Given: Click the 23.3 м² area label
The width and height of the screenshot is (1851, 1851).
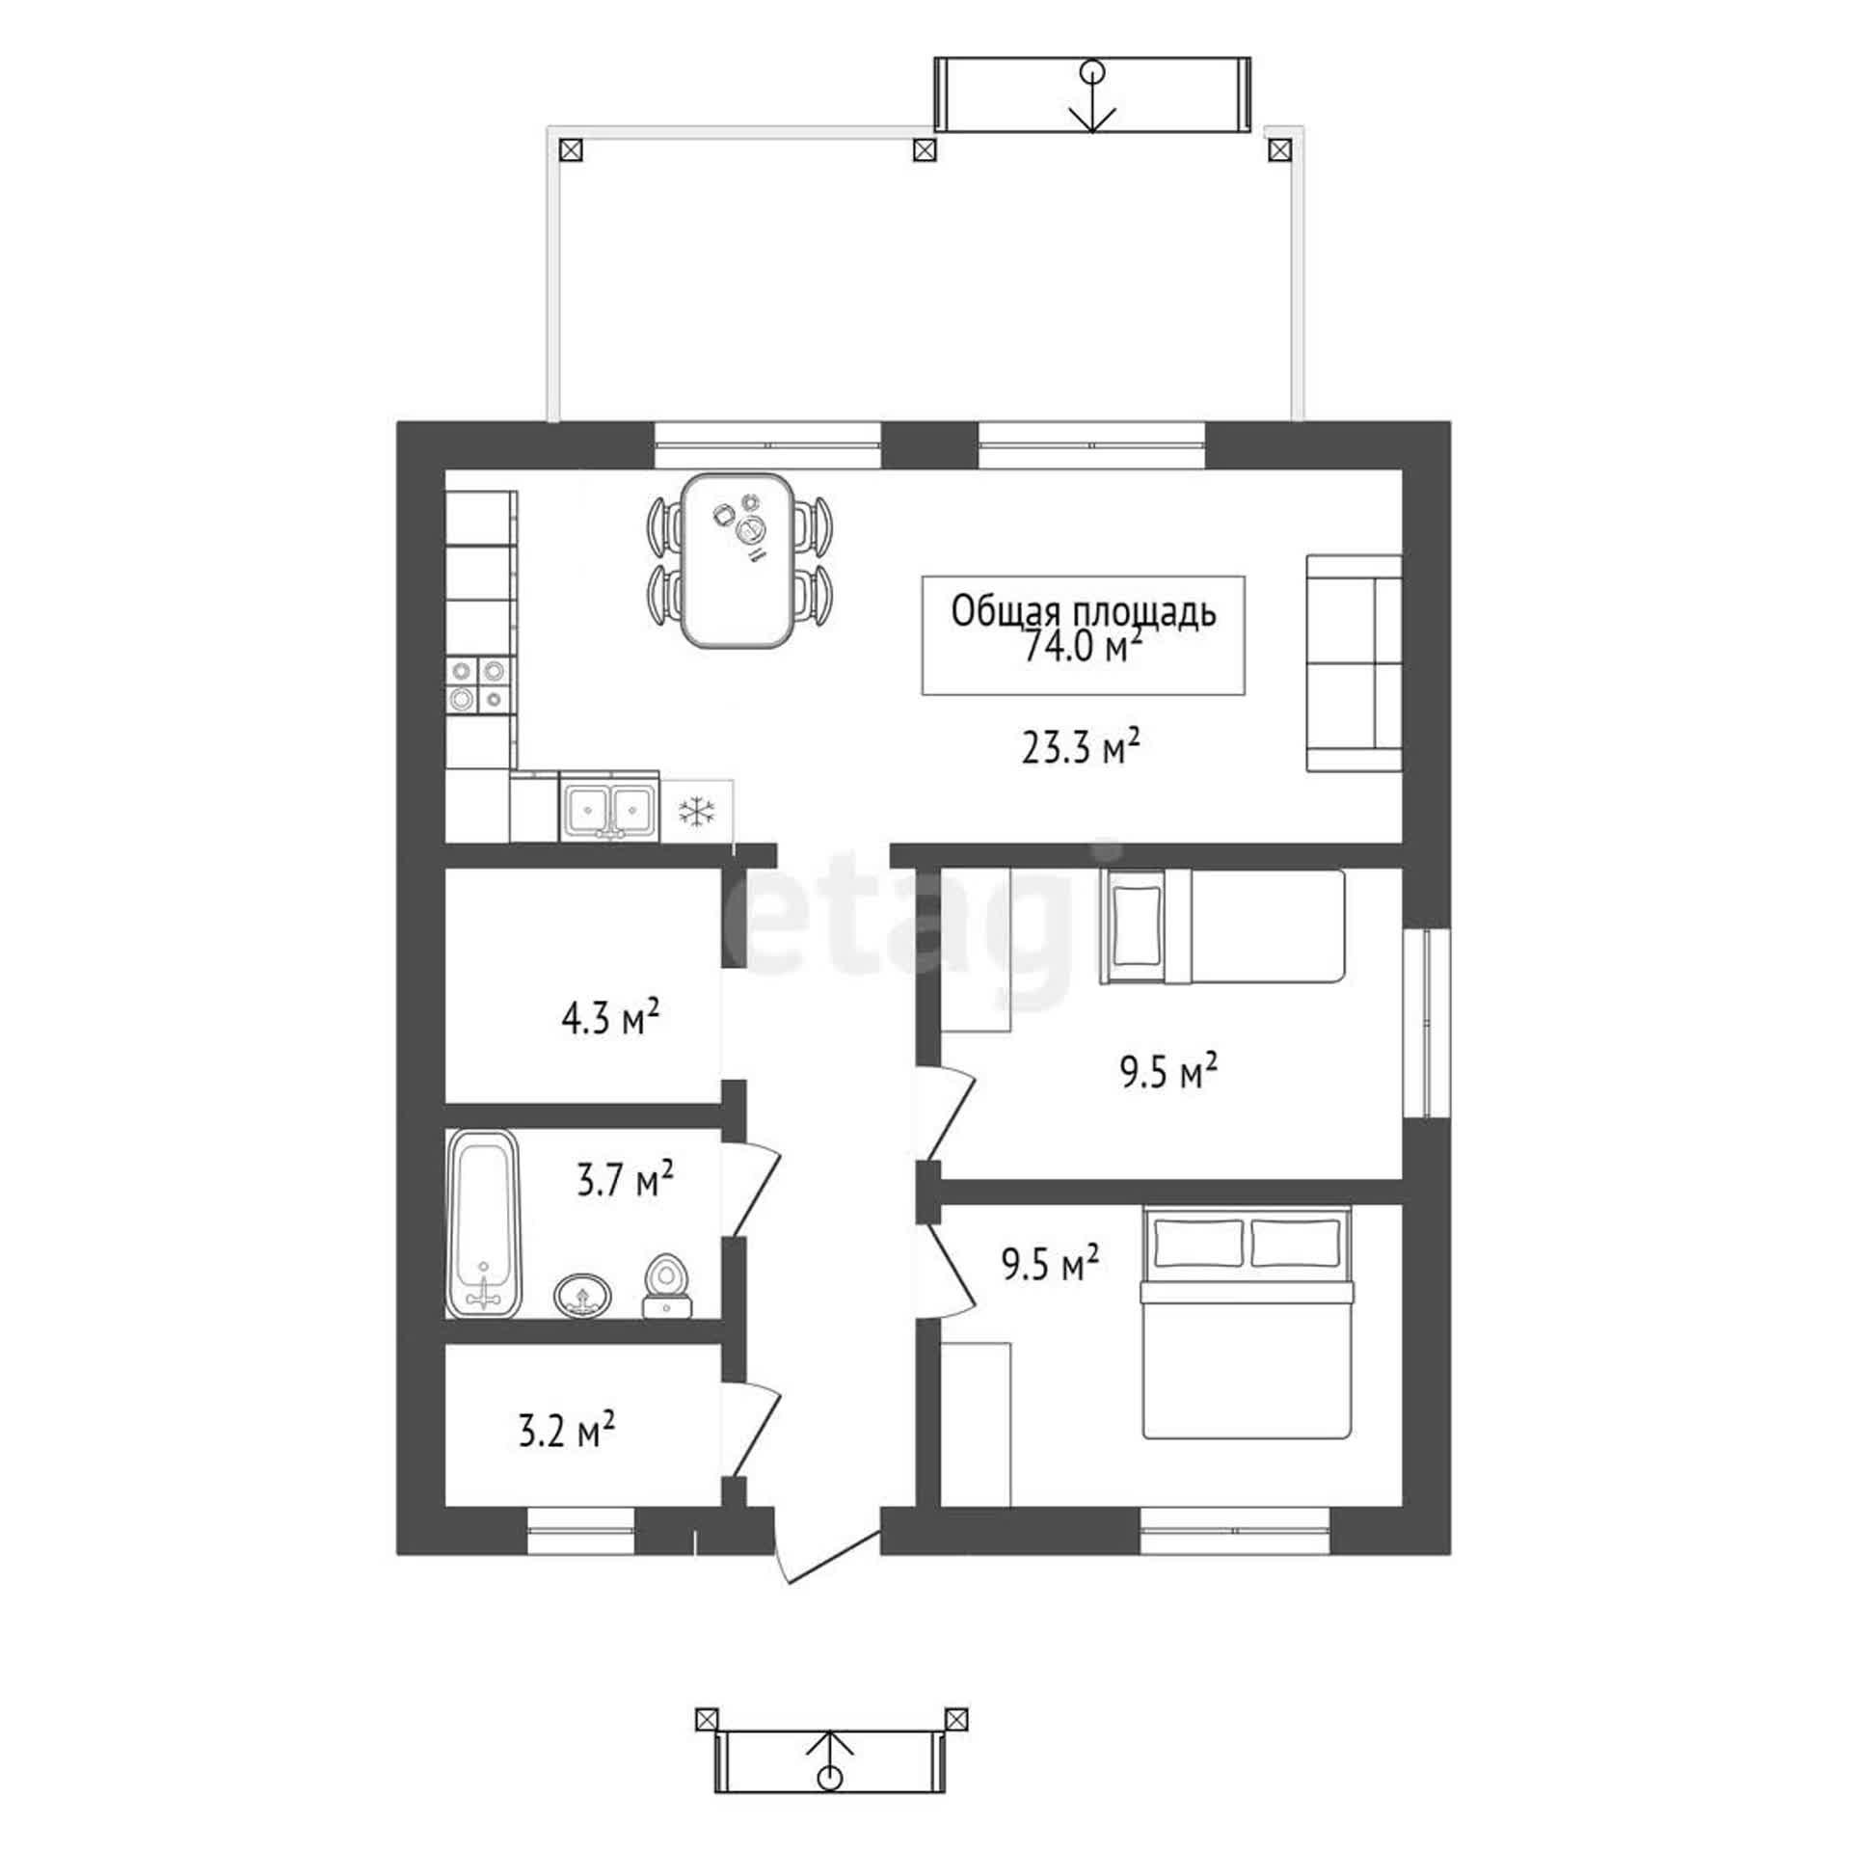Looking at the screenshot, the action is [x=1082, y=747].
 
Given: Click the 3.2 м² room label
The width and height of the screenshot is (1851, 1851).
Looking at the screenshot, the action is [x=567, y=1431].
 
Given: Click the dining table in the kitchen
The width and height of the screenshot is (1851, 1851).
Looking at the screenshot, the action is [x=738, y=559].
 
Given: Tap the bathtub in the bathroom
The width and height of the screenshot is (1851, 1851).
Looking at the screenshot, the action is [x=484, y=1223].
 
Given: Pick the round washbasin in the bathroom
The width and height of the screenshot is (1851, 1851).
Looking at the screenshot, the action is [x=582, y=1295].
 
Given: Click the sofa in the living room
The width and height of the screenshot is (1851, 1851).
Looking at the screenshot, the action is [x=1354, y=662].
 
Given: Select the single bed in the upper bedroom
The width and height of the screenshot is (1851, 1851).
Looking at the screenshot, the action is [x=1222, y=925].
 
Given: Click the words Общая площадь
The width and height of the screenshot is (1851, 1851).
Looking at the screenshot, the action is [x=1084, y=611].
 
